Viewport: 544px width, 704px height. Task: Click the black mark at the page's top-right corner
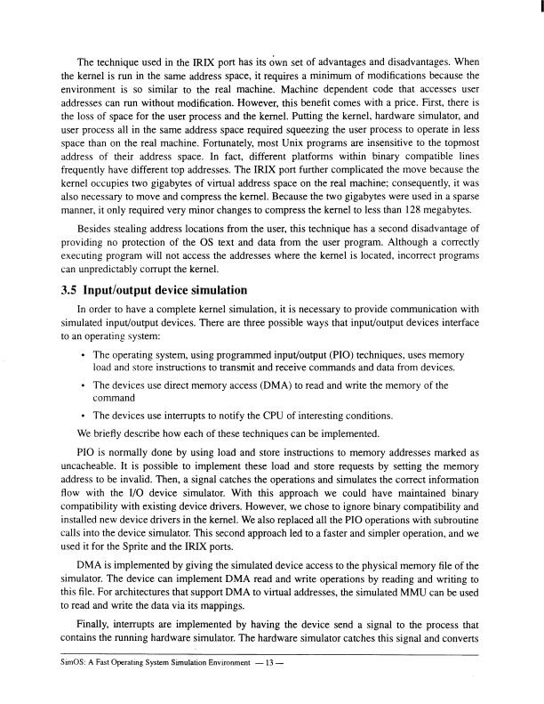[540, 9]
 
